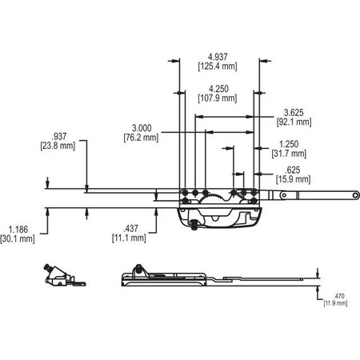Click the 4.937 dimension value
214,56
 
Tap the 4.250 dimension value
214,87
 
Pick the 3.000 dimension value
145,126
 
